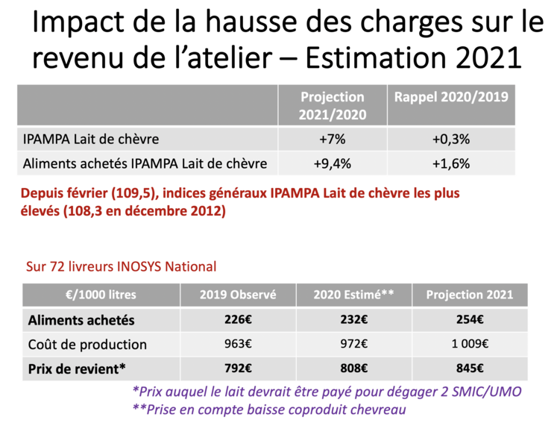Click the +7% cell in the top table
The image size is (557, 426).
pyautogui.click(x=332, y=139)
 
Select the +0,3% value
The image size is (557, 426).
pyautogui.click(x=450, y=139)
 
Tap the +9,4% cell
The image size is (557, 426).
pyautogui.click(x=332, y=163)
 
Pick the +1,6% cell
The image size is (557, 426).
pyautogui.click(x=450, y=163)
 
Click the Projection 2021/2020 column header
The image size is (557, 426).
pyautogui.click(x=332, y=106)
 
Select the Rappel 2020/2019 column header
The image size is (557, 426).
pyautogui.click(x=450, y=98)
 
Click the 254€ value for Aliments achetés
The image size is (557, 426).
pyautogui.click(x=469, y=320)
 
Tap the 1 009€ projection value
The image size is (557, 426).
pyautogui.click(x=469, y=344)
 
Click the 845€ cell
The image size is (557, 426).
pyautogui.click(x=469, y=368)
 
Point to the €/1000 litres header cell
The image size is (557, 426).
pyautogui.click(x=101, y=295)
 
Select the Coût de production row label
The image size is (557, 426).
pyautogui.click(x=87, y=344)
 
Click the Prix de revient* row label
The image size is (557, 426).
pyautogui.click(x=77, y=368)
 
